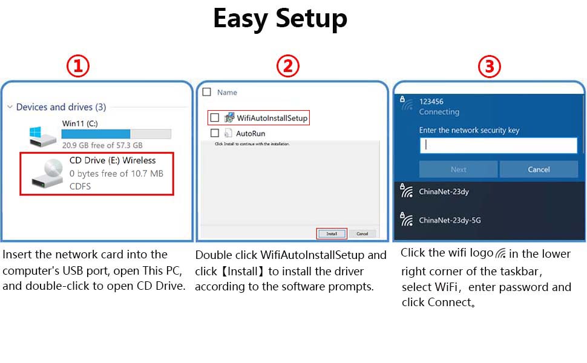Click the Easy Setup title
[280, 19]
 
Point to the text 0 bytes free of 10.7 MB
[116, 174]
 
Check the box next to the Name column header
[206, 93]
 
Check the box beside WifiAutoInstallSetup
[214, 118]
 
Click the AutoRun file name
[250, 134]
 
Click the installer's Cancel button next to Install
[362, 234]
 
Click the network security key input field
[498, 145]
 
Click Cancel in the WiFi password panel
[538, 169]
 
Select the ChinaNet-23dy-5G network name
[450, 221]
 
